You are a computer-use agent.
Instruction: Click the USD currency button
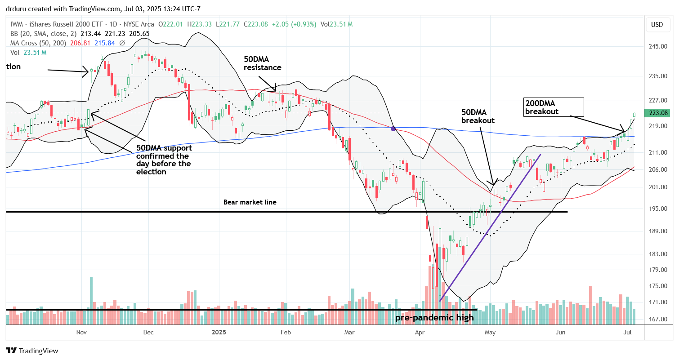(x=657, y=25)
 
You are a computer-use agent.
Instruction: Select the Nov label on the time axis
(x=81, y=332)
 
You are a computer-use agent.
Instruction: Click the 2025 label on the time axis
(x=219, y=332)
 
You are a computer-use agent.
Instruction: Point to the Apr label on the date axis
(x=420, y=332)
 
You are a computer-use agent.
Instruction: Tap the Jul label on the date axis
(x=629, y=332)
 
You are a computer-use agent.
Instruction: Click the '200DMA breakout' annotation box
(x=554, y=107)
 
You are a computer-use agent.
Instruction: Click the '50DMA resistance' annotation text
(x=263, y=63)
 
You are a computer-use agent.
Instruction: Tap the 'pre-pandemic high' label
(x=434, y=318)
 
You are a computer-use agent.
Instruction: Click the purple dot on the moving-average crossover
(x=393, y=129)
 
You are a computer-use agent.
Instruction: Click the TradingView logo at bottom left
(x=32, y=351)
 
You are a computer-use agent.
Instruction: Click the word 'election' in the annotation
(x=151, y=172)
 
